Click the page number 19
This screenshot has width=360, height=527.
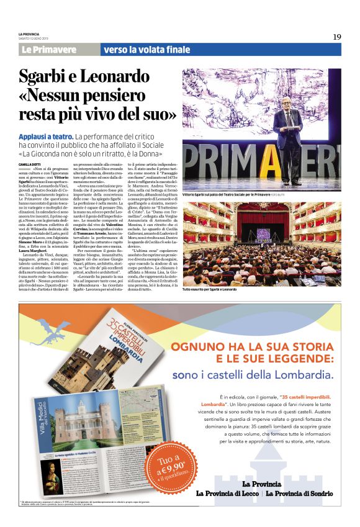coord(336,37)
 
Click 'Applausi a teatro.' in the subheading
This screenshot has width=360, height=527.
coord(46,136)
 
